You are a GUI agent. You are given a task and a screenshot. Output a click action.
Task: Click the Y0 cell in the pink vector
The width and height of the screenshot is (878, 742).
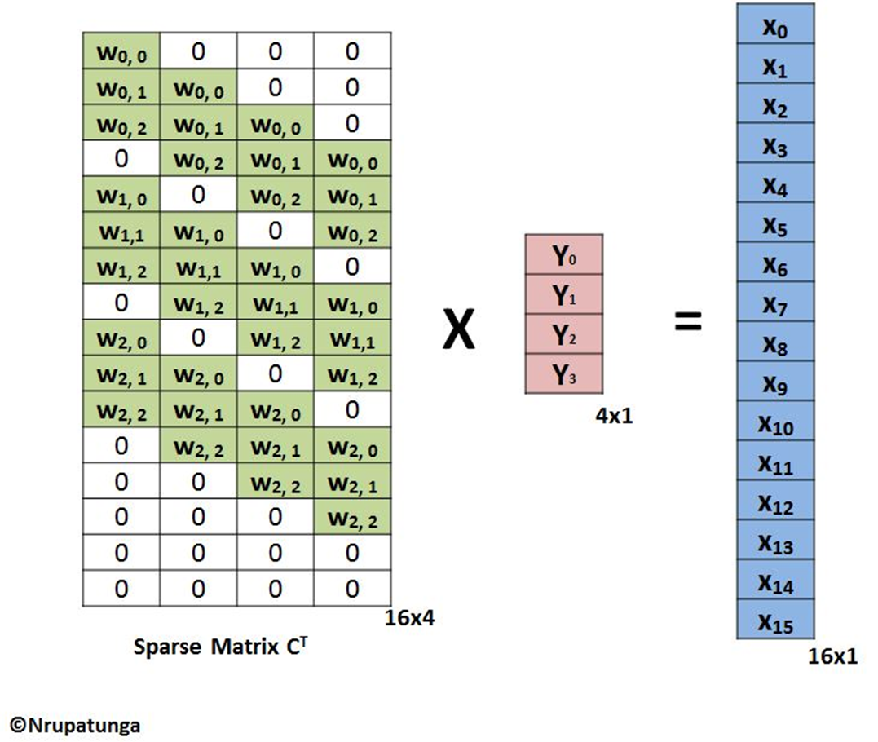[564, 254]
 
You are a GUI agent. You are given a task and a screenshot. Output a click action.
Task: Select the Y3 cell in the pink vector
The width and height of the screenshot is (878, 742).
[564, 373]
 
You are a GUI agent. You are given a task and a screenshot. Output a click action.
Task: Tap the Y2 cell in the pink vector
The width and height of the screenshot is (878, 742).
[564, 333]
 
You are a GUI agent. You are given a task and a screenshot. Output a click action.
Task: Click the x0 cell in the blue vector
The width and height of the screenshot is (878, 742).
[775, 24]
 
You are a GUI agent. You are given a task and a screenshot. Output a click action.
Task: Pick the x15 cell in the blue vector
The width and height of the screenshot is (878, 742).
[775, 619]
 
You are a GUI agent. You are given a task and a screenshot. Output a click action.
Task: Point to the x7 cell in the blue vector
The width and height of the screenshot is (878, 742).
[775, 301]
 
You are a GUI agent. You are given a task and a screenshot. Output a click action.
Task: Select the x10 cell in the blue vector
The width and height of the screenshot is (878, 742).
[775, 421]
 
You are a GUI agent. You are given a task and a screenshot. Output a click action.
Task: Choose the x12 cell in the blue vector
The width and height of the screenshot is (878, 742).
[775, 500]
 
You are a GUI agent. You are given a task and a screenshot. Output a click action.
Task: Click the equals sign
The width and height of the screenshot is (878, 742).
[688, 321]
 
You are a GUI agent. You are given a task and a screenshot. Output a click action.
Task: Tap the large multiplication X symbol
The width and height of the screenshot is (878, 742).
[459, 329]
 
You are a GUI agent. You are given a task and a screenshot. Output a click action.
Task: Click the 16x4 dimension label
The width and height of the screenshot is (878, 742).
[409, 618]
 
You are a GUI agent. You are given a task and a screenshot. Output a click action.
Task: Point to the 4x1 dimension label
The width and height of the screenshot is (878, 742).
[614, 416]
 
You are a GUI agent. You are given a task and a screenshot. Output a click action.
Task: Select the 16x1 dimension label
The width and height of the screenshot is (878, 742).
[832, 656]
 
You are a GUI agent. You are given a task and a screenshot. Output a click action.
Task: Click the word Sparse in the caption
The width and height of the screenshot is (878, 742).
[167, 647]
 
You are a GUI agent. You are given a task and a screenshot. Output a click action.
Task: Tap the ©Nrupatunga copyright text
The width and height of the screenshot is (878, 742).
[75, 725]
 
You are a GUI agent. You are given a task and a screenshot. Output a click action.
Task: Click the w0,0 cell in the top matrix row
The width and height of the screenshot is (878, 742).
[121, 51]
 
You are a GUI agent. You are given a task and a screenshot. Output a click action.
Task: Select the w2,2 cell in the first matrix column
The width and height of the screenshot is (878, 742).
[121, 410]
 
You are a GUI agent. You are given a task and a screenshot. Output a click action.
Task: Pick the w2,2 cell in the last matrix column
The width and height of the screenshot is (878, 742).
[352, 518]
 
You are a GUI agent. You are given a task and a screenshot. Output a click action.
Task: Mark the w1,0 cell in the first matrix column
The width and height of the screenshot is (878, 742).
[121, 194]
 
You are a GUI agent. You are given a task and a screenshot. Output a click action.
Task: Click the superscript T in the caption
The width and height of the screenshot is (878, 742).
[303, 641]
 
